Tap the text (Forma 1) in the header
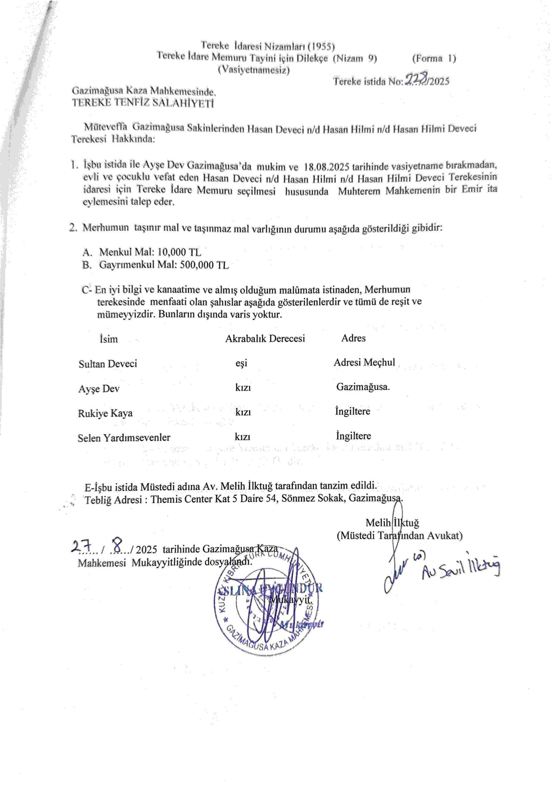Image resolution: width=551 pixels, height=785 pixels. click(434, 59)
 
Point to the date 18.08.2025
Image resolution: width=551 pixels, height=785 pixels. click(326, 167)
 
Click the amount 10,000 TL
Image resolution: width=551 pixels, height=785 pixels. click(179, 252)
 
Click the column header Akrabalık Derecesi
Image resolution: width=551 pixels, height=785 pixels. click(265, 339)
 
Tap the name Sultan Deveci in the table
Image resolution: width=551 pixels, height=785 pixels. click(108, 363)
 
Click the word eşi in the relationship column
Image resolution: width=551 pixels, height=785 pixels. click(241, 363)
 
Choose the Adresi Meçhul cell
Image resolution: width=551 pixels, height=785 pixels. click(364, 362)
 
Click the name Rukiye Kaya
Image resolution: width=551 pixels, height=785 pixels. click(105, 413)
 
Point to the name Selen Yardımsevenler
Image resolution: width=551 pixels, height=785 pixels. click(124, 438)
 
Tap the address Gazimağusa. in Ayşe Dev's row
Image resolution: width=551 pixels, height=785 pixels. click(363, 387)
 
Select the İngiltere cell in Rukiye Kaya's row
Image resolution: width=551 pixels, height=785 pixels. click(353, 411)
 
